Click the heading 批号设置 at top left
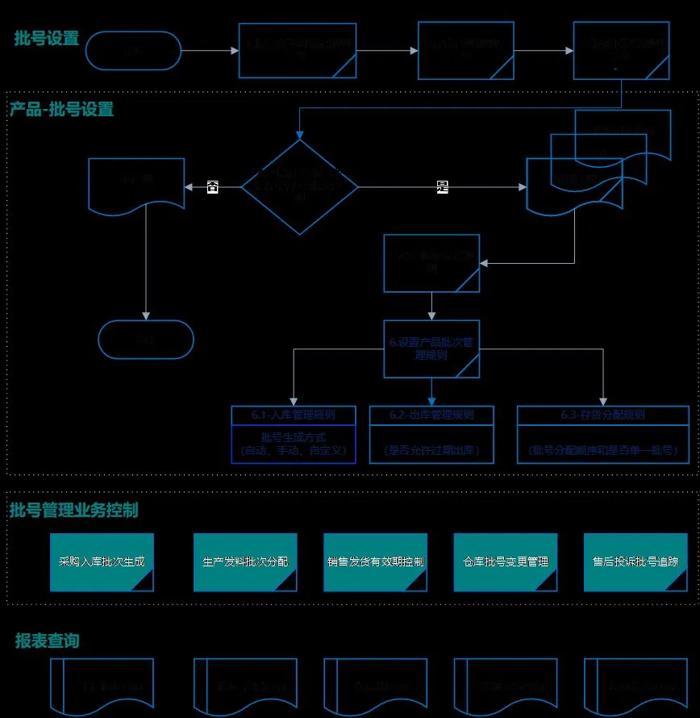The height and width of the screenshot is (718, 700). point(47,38)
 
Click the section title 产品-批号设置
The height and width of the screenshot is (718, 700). point(62,109)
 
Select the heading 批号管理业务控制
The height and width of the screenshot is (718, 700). point(74,510)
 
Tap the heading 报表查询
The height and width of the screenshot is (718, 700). point(48,641)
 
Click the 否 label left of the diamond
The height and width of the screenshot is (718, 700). point(213,186)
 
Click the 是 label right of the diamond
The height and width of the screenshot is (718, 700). point(442,186)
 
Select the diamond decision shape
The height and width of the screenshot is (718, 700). point(300,187)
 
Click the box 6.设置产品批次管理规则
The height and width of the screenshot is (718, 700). point(431,349)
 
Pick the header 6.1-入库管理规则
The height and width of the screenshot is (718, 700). point(293,415)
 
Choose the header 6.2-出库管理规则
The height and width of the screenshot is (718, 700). point(431,415)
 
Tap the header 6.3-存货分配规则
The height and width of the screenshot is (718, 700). point(603,415)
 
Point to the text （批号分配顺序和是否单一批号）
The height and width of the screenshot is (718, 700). point(603,449)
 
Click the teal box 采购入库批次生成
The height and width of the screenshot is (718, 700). point(102,561)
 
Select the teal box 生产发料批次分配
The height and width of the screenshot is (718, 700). point(245,561)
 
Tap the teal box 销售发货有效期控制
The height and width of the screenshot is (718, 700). point(375,561)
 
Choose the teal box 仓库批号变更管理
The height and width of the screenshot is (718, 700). point(506,561)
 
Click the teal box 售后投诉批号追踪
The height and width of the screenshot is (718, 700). point(635,561)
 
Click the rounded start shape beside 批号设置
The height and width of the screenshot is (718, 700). point(133,50)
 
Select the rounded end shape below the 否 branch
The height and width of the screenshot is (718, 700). point(146,340)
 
